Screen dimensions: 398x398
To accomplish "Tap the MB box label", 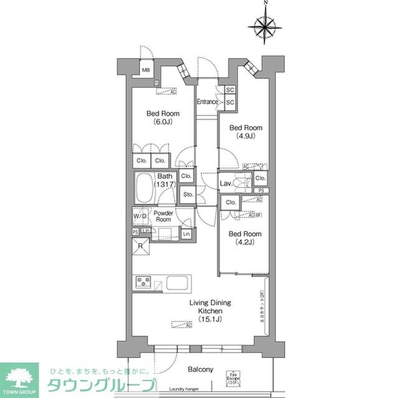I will tap(146, 70).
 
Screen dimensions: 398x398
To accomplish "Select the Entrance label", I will tap(207, 102).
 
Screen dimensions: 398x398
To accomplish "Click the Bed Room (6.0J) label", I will tap(163, 118).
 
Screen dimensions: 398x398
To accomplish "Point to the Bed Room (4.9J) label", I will tap(243, 132).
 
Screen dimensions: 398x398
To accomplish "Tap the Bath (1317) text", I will tap(165, 181).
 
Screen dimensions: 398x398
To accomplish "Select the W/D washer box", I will tap(139, 216).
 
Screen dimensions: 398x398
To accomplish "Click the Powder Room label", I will tap(163, 216).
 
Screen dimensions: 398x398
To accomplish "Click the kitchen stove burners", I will tap(141, 282).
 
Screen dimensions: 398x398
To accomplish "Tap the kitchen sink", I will tap(176, 283).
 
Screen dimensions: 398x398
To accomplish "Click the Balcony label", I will tap(200, 369).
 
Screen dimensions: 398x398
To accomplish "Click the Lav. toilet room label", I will tap(226, 183).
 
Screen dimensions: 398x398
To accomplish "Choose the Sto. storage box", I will tap(188, 195).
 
